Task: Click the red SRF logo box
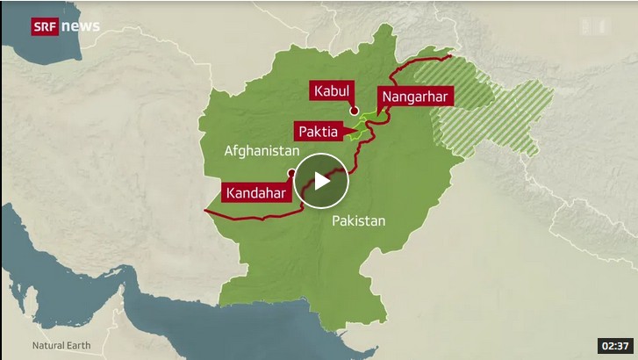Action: (46, 25)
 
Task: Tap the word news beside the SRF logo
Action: (81, 25)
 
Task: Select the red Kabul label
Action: (331, 90)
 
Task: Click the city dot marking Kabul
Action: (355, 111)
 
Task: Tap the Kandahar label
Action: (255, 192)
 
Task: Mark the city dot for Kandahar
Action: (290, 173)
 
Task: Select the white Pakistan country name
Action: (358, 221)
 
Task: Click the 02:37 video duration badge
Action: (613, 345)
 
